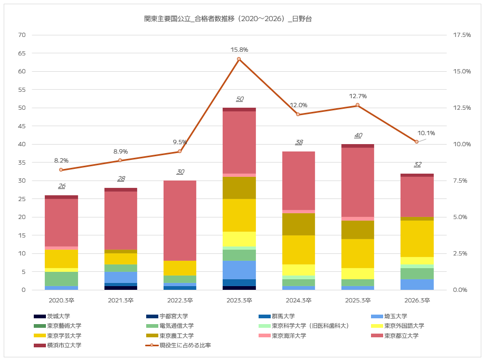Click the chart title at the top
[228, 19]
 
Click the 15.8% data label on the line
[239, 50]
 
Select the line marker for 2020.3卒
[61, 170]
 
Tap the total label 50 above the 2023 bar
[240, 99]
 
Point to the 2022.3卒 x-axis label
[180, 300]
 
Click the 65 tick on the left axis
[22, 53]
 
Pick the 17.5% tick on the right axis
[462, 35]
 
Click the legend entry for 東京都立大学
[395, 336]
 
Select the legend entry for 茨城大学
[52, 316]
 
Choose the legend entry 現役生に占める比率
[178, 345]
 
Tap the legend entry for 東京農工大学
[170, 336]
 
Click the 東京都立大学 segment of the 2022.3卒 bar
[180, 221]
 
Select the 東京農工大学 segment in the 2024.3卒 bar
[299, 224]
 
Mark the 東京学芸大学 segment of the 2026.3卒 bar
[417, 239]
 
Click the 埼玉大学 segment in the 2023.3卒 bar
[240, 270]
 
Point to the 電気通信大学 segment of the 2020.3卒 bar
[61, 279]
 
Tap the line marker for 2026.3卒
[416, 141]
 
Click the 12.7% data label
[358, 96]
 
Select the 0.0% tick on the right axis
[460, 290]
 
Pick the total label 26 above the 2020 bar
[62, 186]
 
